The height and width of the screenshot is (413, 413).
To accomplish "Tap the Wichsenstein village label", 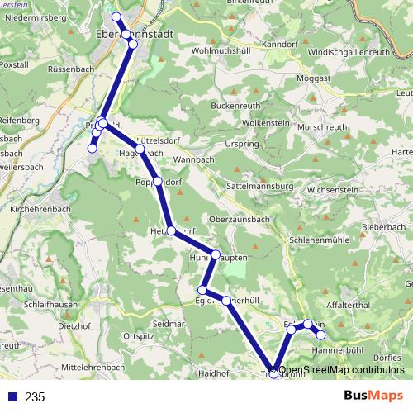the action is coord(332,189).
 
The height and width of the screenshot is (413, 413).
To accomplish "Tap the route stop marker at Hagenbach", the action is coord(140,150).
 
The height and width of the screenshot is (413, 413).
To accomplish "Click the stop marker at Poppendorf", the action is coord(158,182).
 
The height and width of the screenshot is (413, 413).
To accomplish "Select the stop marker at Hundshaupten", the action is coord(215,254).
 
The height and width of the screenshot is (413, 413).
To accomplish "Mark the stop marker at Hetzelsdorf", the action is coord(171,231).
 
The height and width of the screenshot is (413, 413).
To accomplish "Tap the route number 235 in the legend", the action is coord(35,397).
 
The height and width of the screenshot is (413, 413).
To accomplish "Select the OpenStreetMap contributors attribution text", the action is coord(342,369).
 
